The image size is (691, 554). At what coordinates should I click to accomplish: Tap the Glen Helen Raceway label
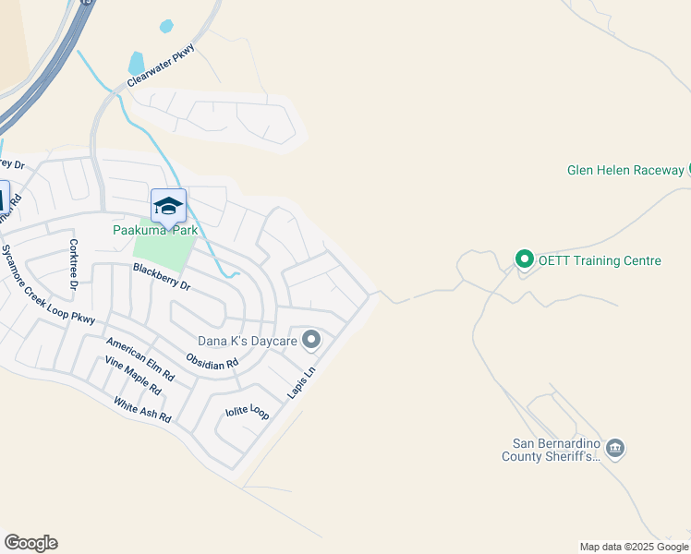(625, 170)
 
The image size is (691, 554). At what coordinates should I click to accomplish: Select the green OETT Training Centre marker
(524, 259)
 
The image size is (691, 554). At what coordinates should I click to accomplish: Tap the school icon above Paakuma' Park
(168, 205)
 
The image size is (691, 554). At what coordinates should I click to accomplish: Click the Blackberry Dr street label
(161, 277)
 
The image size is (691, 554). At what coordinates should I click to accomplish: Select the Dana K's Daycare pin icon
(311, 341)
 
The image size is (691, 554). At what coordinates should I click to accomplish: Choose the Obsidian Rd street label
(212, 361)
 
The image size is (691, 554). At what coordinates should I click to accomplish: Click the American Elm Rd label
(139, 359)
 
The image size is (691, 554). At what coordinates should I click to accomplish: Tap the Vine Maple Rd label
(132, 377)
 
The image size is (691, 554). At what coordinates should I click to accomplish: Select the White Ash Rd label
(142, 409)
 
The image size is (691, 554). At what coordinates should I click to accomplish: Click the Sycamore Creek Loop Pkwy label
(47, 285)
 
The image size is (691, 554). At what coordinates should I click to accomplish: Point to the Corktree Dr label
(73, 264)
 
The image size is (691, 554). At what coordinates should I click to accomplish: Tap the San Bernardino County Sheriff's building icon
(616, 449)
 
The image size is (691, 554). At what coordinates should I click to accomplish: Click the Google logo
(30, 543)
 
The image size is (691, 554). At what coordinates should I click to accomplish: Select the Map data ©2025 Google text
(634, 547)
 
